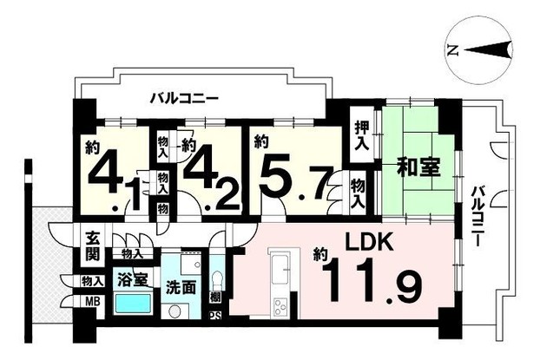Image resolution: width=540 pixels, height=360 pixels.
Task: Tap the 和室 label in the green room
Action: (418, 167)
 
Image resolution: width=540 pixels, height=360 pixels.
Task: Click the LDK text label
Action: (370, 242)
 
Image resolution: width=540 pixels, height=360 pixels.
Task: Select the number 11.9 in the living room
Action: (372, 282)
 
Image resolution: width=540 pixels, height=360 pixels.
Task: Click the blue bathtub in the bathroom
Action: (134, 304)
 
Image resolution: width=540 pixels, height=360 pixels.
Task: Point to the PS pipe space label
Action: (215, 316)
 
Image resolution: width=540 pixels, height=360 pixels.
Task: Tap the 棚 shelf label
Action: (215, 297)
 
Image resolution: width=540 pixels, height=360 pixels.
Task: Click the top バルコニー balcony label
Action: (184, 99)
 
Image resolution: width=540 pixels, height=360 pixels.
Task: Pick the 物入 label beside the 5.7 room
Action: (358, 194)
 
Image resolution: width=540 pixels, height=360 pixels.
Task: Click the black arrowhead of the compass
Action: (488, 50)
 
